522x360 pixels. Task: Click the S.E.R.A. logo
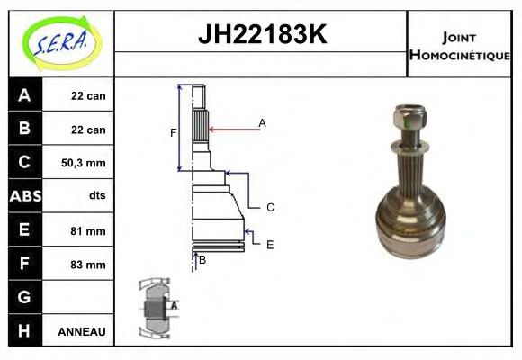coord(59,41)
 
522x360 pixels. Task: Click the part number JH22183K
coord(261,35)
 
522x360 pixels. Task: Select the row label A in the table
coord(24,95)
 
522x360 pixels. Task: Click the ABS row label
coord(24,196)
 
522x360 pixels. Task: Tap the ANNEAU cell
coord(82,331)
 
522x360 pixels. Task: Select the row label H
coord(24,331)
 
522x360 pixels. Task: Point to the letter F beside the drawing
coord(173,133)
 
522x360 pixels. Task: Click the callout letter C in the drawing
coord(270,207)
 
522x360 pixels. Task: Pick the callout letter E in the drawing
coord(270,244)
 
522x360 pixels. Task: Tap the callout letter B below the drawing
coord(202,260)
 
